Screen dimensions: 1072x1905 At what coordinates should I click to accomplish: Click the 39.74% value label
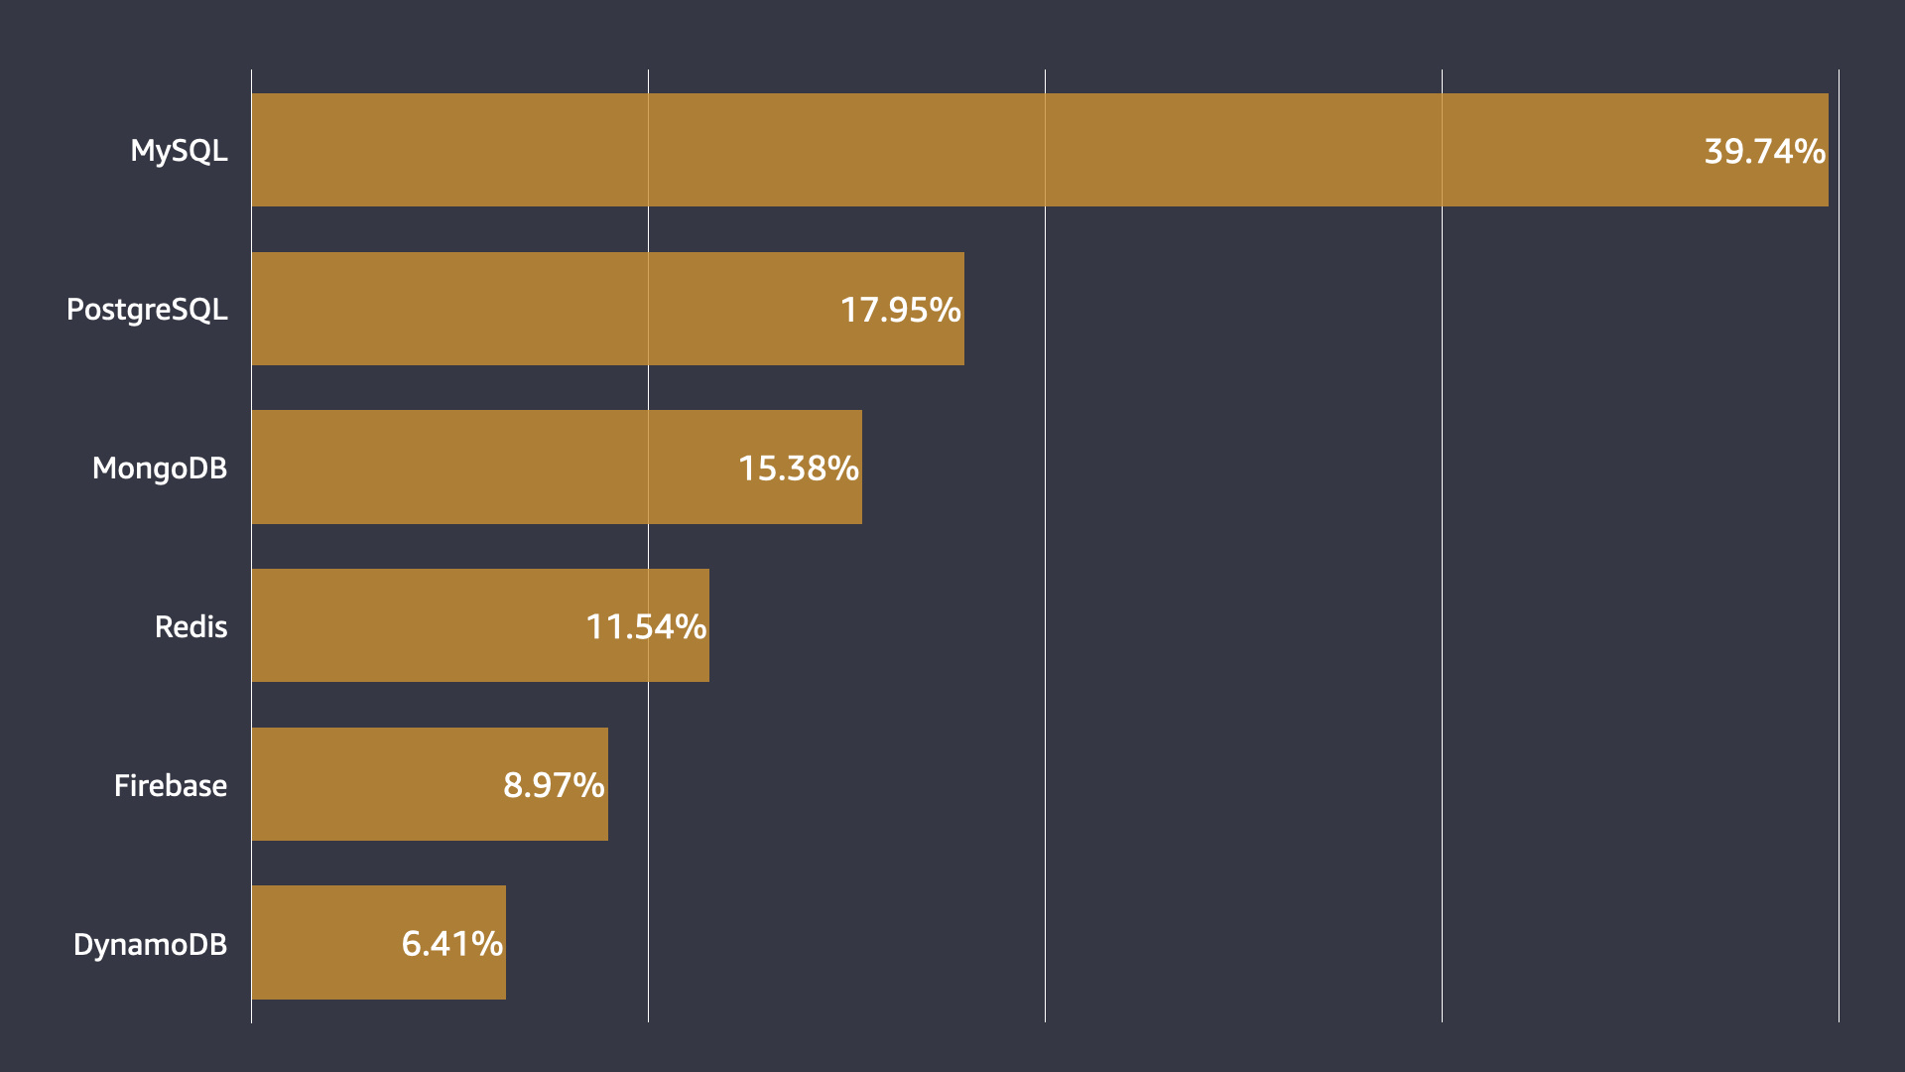click(x=1764, y=151)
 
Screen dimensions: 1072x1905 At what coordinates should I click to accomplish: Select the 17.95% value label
click(x=900, y=310)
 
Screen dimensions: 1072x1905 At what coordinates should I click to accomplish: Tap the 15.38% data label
click(x=798, y=468)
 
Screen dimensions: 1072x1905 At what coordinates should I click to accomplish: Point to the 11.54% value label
click(x=646, y=626)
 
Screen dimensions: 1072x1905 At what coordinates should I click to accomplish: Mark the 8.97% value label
click(x=554, y=785)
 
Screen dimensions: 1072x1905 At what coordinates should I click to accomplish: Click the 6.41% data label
click(x=451, y=943)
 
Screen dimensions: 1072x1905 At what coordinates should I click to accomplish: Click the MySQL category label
click(x=179, y=151)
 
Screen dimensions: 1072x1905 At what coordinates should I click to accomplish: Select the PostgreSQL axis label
click(x=147, y=310)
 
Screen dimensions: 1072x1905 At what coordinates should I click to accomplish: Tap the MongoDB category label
click(x=160, y=468)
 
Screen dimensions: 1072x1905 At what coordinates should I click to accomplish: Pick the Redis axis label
click(x=190, y=626)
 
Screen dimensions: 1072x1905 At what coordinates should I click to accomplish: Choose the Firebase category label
click(x=170, y=785)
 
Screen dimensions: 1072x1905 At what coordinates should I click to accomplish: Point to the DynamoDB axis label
click(x=150, y=944)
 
